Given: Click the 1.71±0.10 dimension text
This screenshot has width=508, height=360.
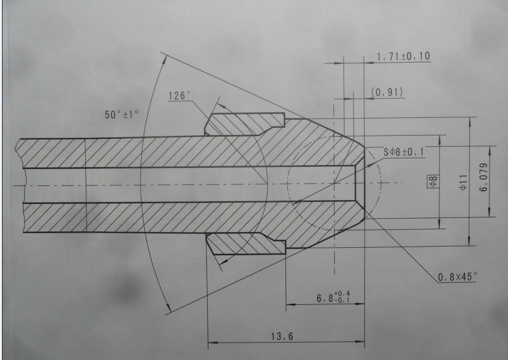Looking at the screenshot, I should click(x=403, y=56).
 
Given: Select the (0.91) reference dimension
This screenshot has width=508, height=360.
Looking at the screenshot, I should click(x=387, y=92).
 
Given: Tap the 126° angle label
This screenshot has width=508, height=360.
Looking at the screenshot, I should click(x=179, y=95).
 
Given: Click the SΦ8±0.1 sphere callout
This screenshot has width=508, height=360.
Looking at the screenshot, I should click(x=403, y=152).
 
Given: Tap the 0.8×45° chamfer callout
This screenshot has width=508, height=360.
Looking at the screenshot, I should click(x=457, y=276).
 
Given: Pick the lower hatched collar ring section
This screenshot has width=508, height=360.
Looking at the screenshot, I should click(x=245, y=244).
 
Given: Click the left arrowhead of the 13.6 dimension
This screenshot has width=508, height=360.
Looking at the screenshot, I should click(x=211, y=342).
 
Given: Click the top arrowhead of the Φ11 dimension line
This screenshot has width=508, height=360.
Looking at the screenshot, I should click(x=470, y=120).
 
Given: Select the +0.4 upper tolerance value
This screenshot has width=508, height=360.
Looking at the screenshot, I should click(x=343, y=293).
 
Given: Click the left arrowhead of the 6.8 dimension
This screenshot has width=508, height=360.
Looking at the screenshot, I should click(x=290, y=304).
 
